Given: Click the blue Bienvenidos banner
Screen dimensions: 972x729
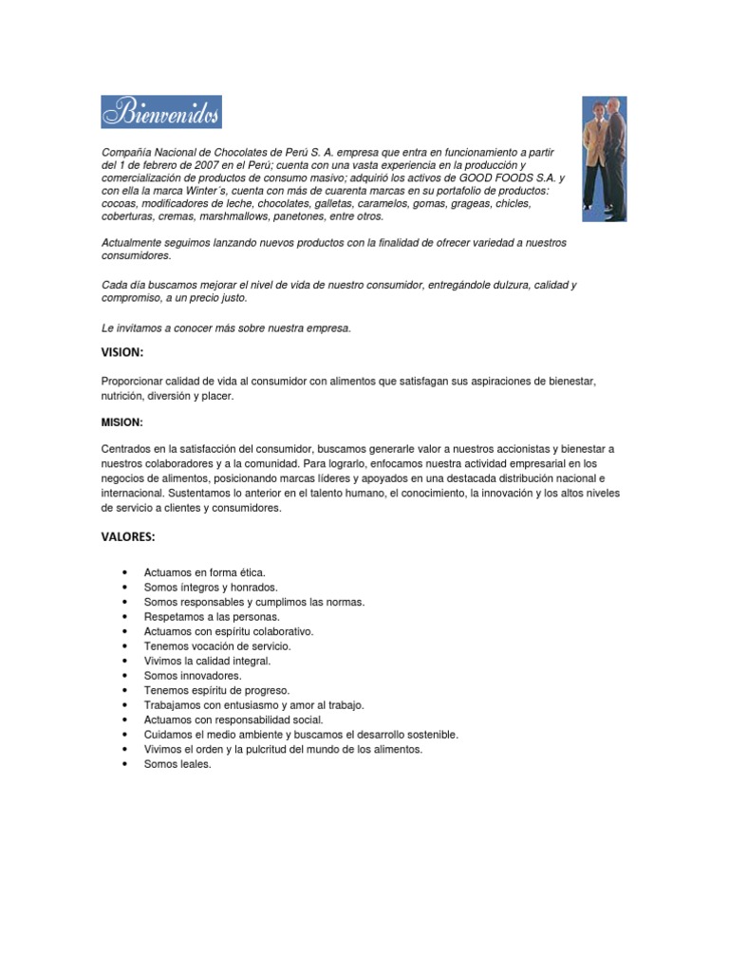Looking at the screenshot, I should (161, 112).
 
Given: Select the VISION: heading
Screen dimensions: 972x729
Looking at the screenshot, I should (121, 353).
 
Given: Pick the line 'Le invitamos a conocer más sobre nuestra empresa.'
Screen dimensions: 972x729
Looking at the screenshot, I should (226, 328).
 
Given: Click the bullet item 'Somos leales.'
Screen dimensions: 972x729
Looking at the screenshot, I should (178, 764).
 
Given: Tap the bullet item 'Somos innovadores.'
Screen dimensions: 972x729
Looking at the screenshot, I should (193, 676).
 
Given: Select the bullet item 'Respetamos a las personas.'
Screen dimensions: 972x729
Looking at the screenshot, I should (212, 617).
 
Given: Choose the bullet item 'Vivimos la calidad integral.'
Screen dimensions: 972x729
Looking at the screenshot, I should (207, 661).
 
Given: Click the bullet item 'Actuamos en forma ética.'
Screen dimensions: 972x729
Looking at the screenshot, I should (204, 572).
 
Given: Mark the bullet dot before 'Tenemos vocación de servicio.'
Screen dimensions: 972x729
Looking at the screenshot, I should (125, 646).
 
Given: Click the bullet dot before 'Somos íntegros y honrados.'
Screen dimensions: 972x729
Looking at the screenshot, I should (125, 588).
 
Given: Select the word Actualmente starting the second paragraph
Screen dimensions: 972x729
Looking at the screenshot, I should (132, 243).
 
